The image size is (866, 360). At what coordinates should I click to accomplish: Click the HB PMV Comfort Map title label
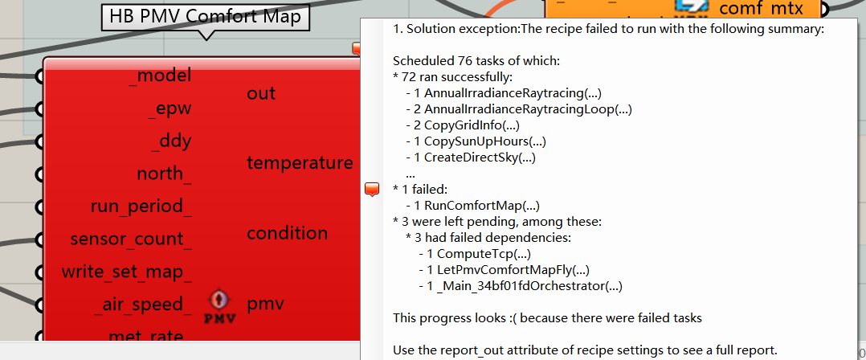(206, 17)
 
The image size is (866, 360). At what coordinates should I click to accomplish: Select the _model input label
(160, 75)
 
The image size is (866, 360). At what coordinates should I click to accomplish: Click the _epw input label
(170, 108)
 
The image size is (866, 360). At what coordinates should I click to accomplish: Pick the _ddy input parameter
(171, 141)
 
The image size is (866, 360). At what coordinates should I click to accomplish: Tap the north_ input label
(165, 174)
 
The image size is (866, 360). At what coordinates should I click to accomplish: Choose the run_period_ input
(141, 207)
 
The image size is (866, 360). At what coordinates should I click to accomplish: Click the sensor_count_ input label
(132, 239)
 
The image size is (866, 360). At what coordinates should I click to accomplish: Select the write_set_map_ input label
(127, 272)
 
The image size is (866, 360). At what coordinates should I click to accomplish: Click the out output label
(261, 93)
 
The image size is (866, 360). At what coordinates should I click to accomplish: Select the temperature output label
(300, 163)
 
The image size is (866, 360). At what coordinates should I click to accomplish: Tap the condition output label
(288, 233)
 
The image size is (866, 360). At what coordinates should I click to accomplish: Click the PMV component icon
(220, 307)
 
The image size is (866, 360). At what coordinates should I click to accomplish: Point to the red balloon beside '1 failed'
(372, 190)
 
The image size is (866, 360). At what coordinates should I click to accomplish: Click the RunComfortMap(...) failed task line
(472, 206)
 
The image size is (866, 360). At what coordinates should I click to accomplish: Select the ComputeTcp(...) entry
(475, 255)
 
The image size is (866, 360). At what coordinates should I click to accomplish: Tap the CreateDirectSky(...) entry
(471, 158)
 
